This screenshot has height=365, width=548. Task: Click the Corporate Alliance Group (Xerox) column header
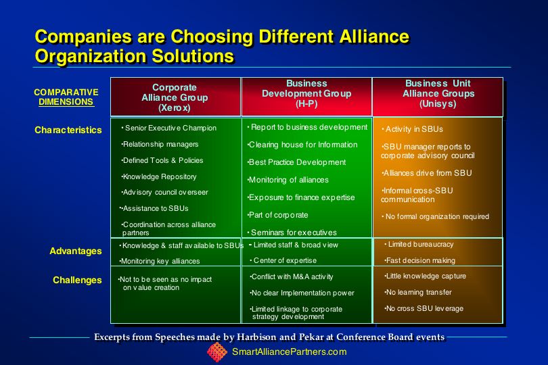(175, 97)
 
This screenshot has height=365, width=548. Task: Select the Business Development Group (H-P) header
(306, 93)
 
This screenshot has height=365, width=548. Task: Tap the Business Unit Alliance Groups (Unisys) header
(438, 93)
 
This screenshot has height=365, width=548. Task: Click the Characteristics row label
(68, 130)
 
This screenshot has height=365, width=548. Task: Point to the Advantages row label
(76, 251)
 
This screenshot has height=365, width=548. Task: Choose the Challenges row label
(77, 280)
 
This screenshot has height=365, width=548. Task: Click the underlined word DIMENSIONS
(66, 101)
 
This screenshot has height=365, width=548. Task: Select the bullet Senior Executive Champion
(169, 128)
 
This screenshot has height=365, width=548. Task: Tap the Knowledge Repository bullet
(159, 176)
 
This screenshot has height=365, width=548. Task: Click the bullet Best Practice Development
(297, 162)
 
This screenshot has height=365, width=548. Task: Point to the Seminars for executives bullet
(292, 233)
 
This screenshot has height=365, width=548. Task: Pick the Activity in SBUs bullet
(413, 129)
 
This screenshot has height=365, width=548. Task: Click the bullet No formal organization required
(436, 216)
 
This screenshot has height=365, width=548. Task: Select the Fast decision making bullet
(419, 260)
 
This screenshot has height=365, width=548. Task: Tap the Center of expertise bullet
(283, 260)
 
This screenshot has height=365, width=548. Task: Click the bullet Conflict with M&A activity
(292, 276)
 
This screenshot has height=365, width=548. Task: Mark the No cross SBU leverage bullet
(424, 308)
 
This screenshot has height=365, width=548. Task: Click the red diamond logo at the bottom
(217, 352)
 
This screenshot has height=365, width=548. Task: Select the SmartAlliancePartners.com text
(290, 351)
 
